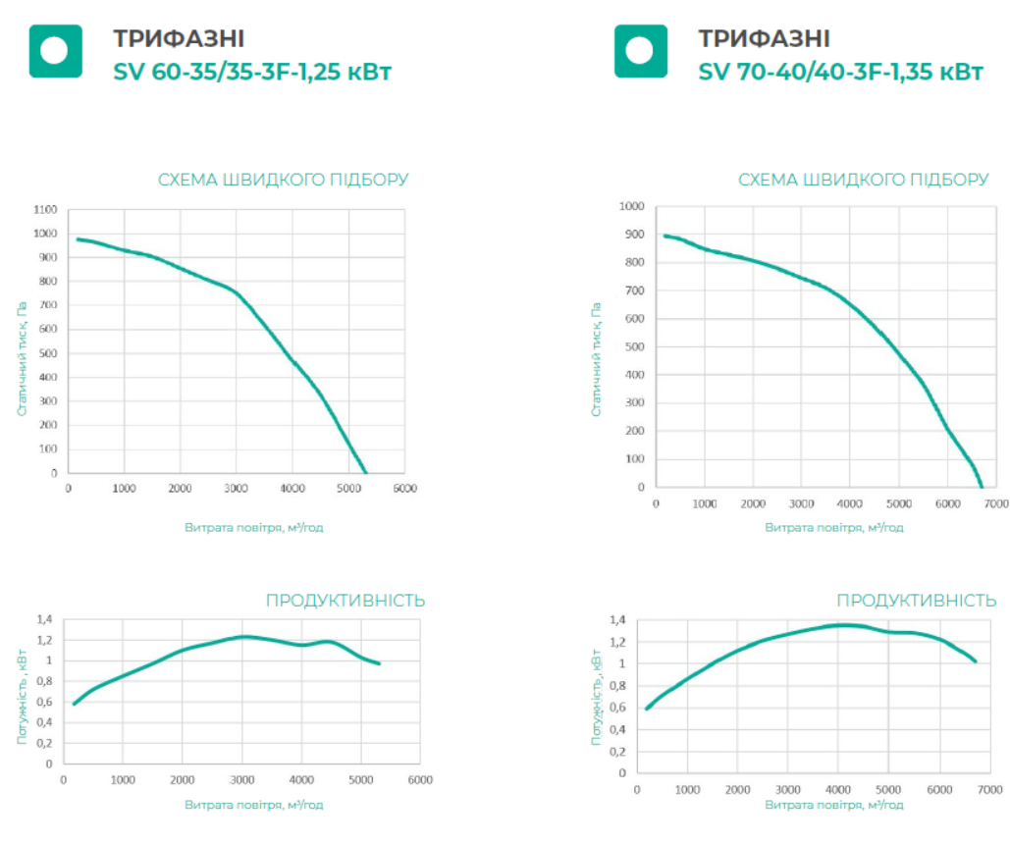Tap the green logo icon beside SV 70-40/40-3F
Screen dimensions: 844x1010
pos(640,51)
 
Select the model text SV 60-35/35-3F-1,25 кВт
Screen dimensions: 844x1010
pos(253,72)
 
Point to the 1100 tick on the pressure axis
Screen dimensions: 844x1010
pos(45,210)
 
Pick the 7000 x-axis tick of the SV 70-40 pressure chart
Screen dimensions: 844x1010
pos(995,503)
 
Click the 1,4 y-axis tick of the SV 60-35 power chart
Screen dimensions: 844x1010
pos(45,619)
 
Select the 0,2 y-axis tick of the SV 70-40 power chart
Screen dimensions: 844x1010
pos(617,751)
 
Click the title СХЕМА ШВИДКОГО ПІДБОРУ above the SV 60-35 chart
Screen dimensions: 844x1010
pos(284,180)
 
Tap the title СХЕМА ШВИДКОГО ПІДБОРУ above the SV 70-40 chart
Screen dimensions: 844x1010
pos(863,180)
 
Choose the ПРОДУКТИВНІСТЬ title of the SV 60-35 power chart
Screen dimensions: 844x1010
pos(346,601)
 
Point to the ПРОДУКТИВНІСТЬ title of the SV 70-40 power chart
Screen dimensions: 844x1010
pos(923,601)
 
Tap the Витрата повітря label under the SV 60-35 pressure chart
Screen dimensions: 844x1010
pos(253,527)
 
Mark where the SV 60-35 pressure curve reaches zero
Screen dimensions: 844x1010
pos(365,473)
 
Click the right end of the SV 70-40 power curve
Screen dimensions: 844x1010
pos(976,661)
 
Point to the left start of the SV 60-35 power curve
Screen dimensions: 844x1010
pos(74,704)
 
